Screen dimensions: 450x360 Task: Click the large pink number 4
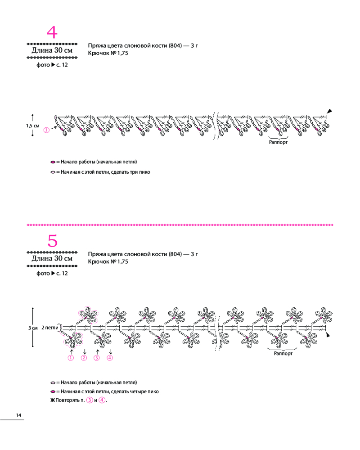tap(52, 33)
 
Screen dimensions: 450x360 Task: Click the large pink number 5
tap(53, 241)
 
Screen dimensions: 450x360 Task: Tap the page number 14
tap(18, 414)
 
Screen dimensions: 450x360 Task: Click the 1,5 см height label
tap(32, 126)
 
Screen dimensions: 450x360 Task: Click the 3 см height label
tap(32, 328)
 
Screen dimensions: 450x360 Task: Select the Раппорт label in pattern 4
tap(278, 142)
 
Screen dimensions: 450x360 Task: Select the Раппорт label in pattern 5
tap(284, 354)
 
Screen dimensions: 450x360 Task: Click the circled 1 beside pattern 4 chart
tap(46, 130)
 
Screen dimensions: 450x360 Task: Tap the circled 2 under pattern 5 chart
tap(84, 358)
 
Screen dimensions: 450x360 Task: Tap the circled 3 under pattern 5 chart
tap(97, 358)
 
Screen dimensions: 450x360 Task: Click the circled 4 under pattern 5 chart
tap(110, 358)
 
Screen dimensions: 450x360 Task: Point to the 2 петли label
tap(49, 328)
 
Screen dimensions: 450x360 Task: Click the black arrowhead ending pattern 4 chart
tap(329, 111)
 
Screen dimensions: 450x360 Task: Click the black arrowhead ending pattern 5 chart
tap(329, 335)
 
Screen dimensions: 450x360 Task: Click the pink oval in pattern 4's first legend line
tap(53, 162)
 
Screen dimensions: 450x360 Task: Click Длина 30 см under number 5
tap(52, 259)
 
